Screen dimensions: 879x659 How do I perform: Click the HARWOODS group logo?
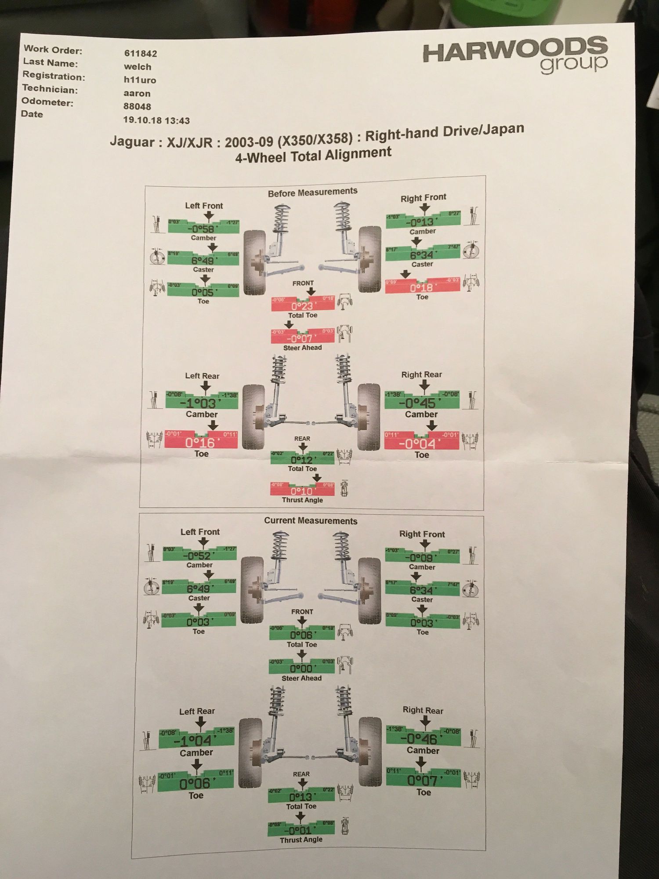[x=515, y=55]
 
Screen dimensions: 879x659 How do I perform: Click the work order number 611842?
[x=140, y=54]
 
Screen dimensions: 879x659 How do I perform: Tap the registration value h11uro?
[x=140, y=80]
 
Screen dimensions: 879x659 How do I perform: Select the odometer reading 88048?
[x=137, y=106]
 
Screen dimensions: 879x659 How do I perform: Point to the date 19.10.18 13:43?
[x=156, y=120]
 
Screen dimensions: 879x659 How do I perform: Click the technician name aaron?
[x=137, y=93]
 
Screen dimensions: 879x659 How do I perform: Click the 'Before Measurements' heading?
[x=312, y=192]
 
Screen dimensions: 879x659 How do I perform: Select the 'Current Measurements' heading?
[x=311, y=521]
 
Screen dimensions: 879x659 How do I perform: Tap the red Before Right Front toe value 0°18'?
[x=421, y=288]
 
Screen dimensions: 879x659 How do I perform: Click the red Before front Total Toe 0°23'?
[x=302, y=306]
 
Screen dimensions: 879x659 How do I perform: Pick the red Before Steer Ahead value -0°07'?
[x=300, y=338]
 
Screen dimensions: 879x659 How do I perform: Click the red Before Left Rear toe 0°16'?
[x=200, y=443]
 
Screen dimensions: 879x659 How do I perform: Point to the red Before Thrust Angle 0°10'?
[x=301, y=491]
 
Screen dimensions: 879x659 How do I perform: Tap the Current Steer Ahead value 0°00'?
[x=301, y=668]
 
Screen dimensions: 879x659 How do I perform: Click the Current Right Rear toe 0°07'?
[x=422, y=781]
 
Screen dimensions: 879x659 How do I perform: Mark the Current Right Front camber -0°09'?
[x=421, y=558]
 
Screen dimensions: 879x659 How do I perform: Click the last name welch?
[x=137, y=67]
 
